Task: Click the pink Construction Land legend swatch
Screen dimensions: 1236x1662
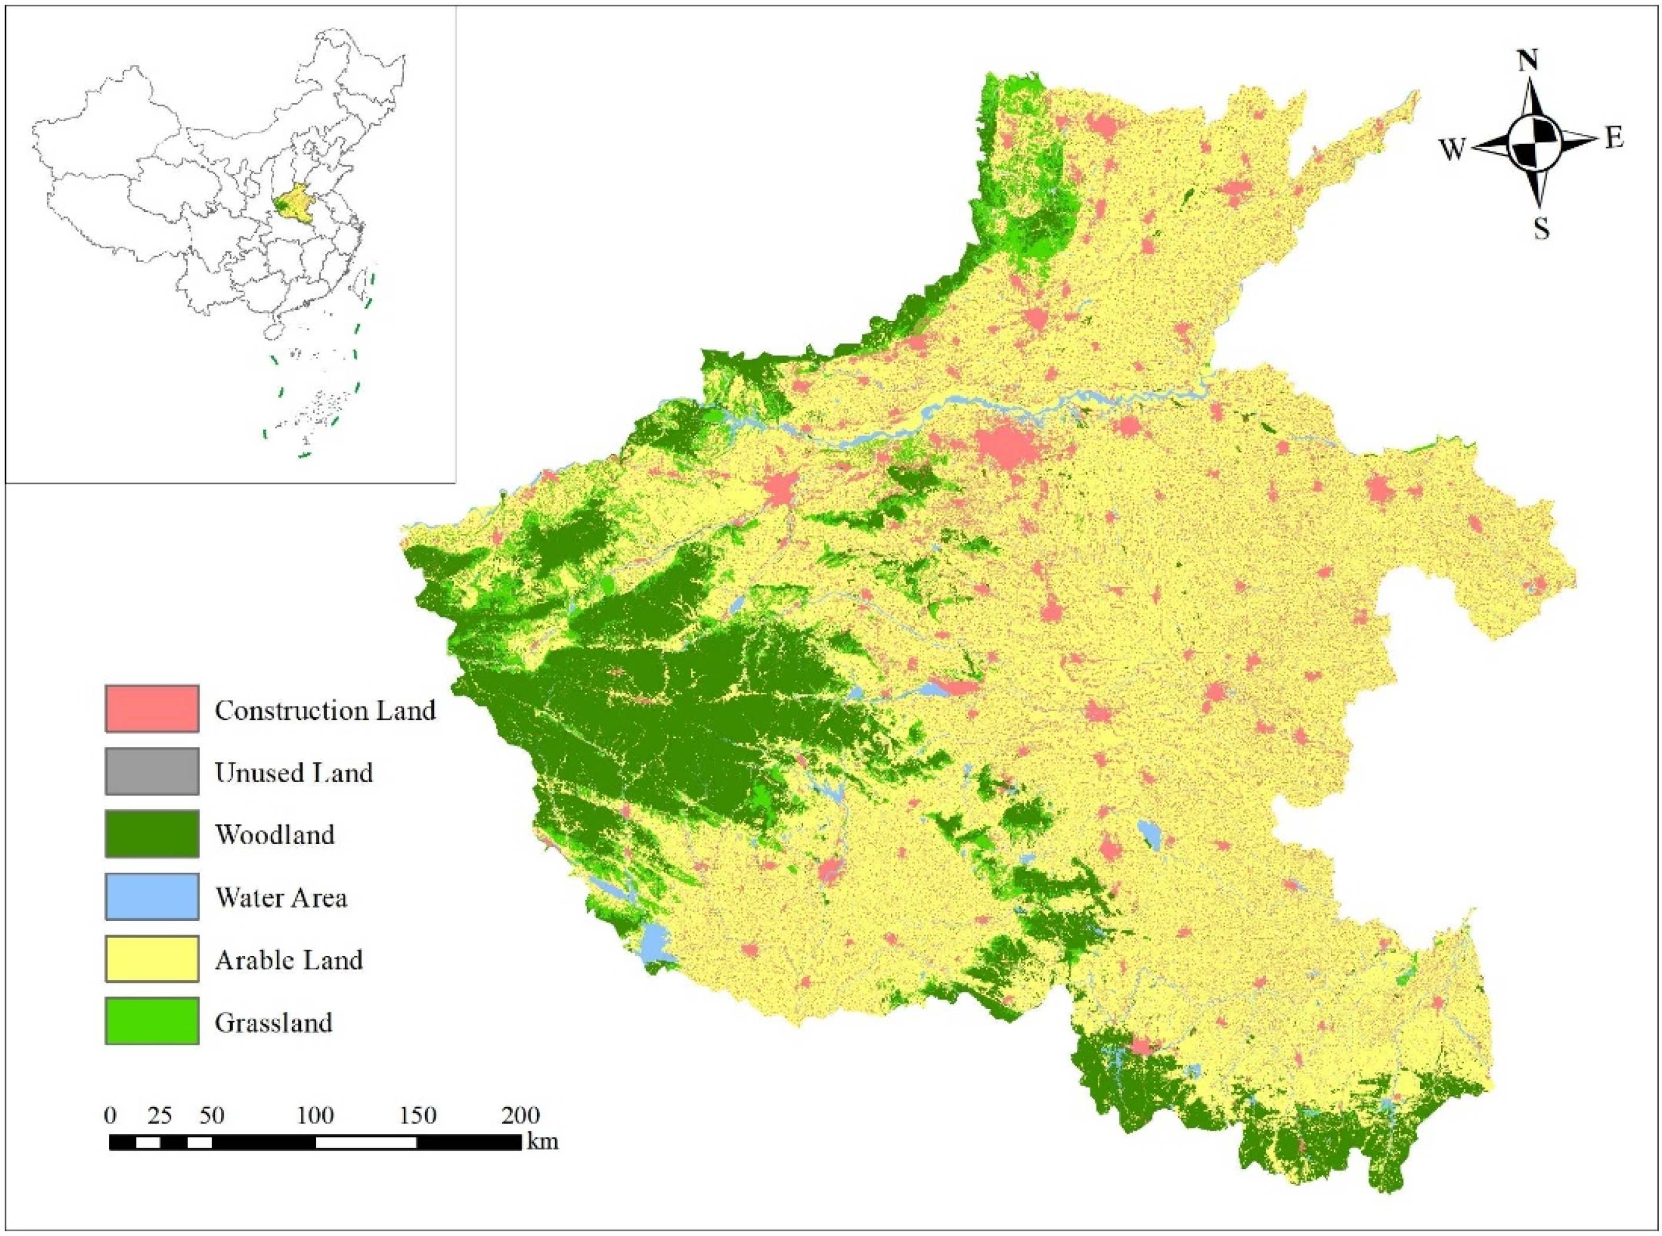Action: (152, 708)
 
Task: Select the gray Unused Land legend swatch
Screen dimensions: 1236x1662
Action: (152, 770)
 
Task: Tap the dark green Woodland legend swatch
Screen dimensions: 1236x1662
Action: (152, 833)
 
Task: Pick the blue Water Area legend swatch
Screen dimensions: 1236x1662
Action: (152, 896)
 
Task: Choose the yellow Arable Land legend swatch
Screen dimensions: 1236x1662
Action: (152, 958)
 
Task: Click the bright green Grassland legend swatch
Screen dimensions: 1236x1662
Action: (152, 1021)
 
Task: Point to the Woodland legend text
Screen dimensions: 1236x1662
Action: (274, 833)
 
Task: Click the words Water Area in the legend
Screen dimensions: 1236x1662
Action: (281, 896)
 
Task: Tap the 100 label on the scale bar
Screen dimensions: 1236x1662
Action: (315, 1115)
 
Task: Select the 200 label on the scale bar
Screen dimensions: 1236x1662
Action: (520, 1115)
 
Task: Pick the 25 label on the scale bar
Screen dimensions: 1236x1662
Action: (160, 1115)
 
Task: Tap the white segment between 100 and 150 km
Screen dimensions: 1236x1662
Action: (366, 1142)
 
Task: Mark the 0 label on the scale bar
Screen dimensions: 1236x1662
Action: (110, 1115)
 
